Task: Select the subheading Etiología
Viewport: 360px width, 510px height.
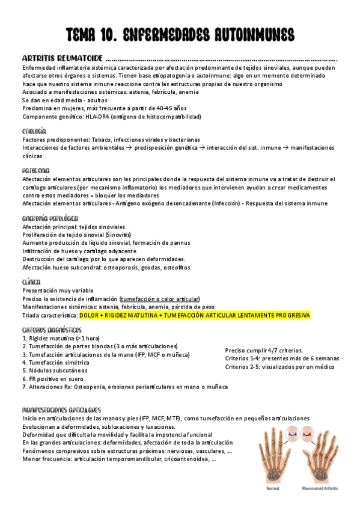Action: coord(34,131)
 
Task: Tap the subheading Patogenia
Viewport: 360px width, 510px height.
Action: coord(35,170)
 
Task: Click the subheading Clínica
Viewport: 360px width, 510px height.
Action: coord(31,281)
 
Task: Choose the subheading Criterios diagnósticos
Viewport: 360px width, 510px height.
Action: coord(52,330)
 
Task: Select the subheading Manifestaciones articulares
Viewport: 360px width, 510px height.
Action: coord(61,409)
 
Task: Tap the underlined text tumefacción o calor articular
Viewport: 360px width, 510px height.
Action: coord(160,298)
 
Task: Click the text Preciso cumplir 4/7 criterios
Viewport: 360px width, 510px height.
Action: coord(264,351)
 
